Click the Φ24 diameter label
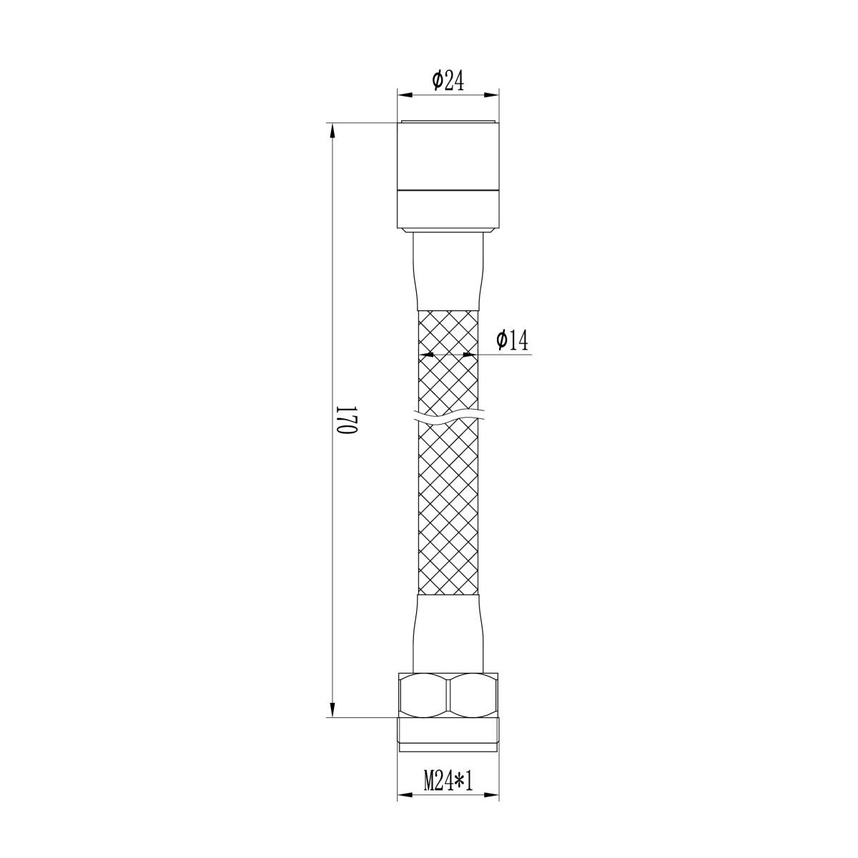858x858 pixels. (x=448, y=81)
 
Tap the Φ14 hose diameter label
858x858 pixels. (x=512, y=340)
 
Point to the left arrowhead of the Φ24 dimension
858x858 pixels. (x=403, y=95)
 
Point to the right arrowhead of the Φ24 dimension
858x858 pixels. (x=492, y=95)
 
